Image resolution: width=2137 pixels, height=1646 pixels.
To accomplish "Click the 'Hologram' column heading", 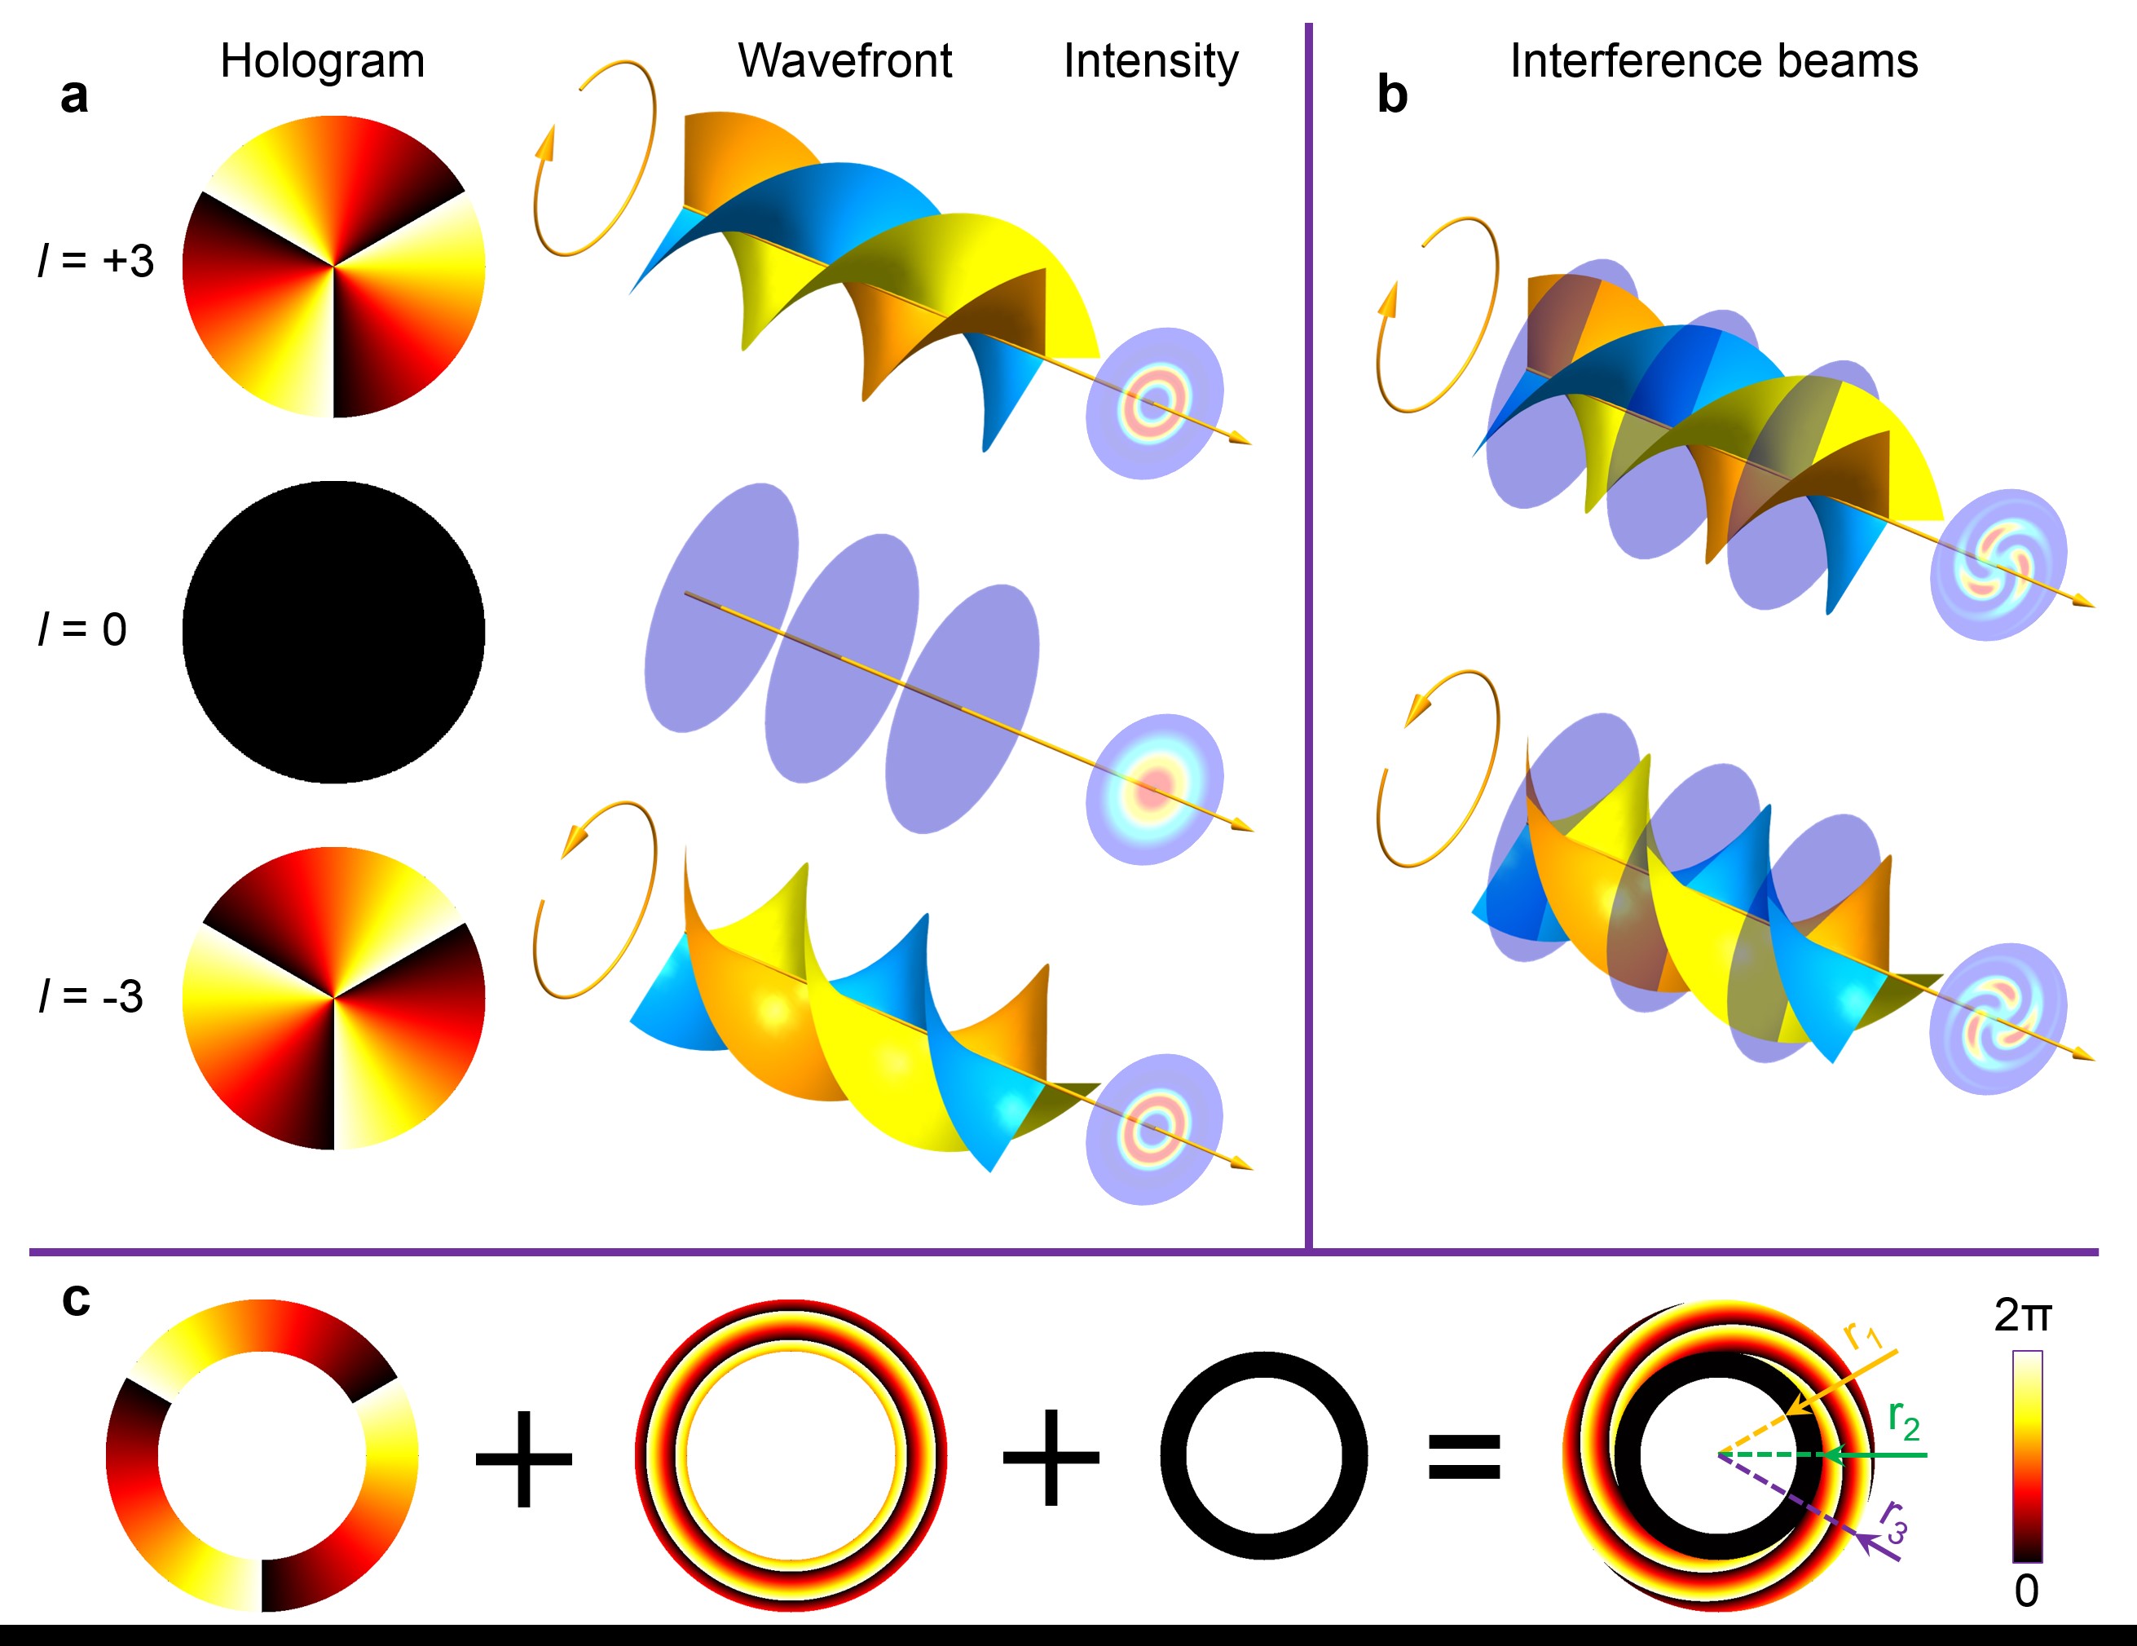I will coord(322,62).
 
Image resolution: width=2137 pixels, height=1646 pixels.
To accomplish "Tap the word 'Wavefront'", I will coord(844,62).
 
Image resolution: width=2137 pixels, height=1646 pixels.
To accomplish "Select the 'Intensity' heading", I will coord(1151,62).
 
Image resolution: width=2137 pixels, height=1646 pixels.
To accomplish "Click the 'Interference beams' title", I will coord(1713,62).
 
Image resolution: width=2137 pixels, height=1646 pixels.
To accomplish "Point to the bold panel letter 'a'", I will coord(74,96).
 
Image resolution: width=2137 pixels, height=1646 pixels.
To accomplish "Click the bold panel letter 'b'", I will coord(1391,96).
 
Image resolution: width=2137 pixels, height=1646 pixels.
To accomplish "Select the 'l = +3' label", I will coord(96,261).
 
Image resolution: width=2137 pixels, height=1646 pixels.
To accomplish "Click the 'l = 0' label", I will coord(82,629).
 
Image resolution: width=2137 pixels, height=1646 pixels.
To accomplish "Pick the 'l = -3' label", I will coord(91,996).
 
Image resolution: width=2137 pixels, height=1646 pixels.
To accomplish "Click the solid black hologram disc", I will coord(333,632).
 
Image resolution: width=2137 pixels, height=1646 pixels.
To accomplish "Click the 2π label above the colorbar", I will coord(2023,1316).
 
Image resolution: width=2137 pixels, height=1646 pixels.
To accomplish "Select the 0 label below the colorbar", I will coord(2026,1591).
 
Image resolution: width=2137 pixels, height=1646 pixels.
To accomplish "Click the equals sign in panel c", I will coord(1464,1456).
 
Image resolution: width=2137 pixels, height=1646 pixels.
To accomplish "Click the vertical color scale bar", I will coord(2026,1456).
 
